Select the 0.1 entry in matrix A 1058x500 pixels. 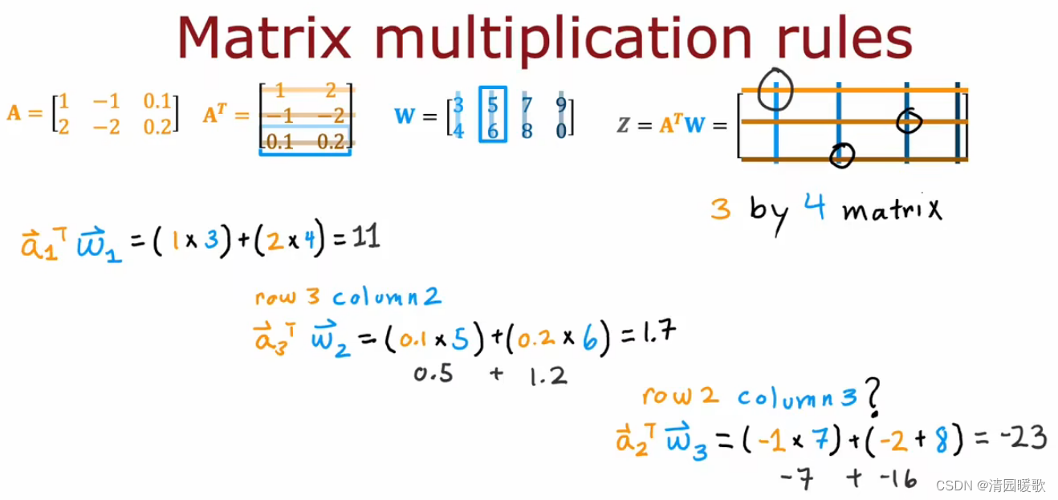[158, 102]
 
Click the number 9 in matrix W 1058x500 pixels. [561, 106]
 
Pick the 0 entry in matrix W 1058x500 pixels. [561, 129]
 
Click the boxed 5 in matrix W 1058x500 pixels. [493, 105]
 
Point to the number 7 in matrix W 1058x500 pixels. [527, 106]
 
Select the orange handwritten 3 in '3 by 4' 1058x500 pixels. [720, 209]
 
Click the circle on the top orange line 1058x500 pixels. [775, 90]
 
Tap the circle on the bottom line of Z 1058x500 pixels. [841, 155]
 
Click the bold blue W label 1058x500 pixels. [405, 116]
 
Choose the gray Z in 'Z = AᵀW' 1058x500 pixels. [624, 125]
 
